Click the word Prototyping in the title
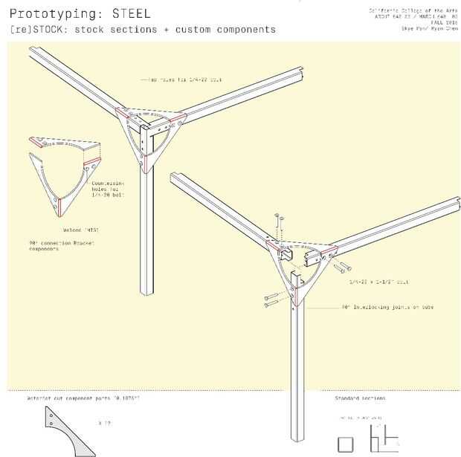[51, 13]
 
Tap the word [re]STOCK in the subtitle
[37, 30]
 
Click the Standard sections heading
[360, 399]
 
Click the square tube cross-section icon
[346, 444]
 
